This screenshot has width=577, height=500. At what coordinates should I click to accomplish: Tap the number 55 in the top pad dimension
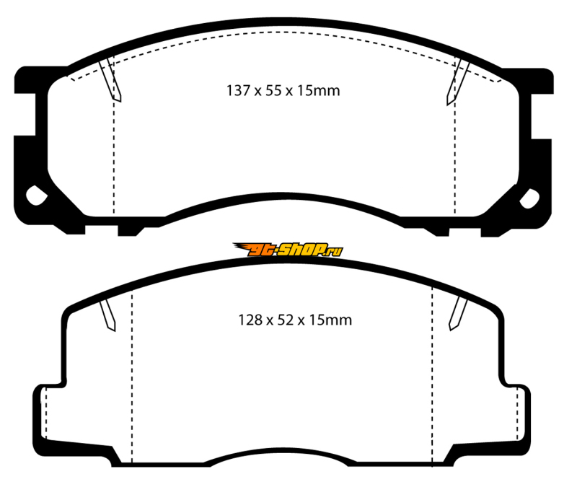(x=273, y=91)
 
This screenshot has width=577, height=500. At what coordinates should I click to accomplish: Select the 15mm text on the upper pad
(x=318, y=91)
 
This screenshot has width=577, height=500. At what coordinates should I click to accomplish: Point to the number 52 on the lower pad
(x=286, y=320)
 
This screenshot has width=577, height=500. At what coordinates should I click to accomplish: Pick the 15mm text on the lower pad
(x=330, y=320)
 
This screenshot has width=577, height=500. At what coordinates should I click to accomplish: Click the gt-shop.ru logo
(x=288, y=250)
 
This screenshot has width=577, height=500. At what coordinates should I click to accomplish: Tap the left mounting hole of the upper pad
(x=36, y=196)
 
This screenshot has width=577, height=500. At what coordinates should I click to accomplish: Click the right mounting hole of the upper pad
(x=529, y=198)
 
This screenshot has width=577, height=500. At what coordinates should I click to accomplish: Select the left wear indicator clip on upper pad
(x=110, y=80)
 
